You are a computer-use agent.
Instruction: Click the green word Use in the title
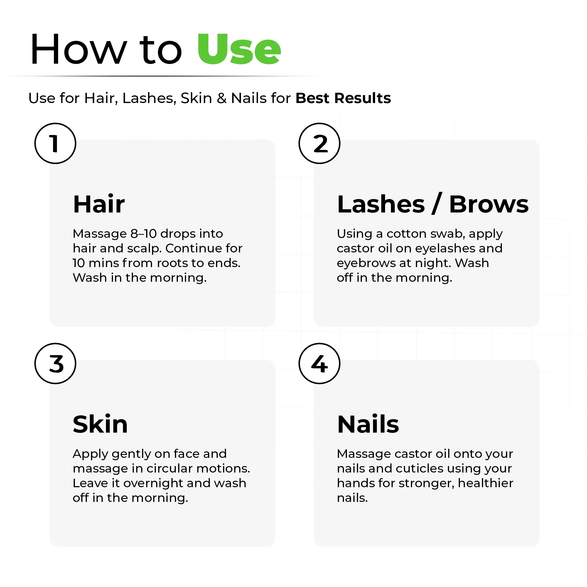click(x=239, y=49)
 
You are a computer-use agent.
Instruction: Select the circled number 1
click(x=55, y=144)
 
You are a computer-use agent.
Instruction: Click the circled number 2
click(x=319, y=144)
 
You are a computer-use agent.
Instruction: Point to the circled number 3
click(x=55, y=363)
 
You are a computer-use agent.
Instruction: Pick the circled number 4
click(x=319, y=363)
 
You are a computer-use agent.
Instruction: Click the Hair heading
click(x=99, y=204)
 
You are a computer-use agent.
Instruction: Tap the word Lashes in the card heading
click(x=381, y=204)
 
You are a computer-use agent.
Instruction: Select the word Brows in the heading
click(x=489, y=204)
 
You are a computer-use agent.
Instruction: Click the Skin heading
click(x=100, y=424)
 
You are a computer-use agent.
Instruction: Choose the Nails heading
click(x=368, y=424)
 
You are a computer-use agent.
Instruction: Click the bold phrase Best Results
click(x=343, y=98)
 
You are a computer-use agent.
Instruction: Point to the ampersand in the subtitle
click(x=222, y=98)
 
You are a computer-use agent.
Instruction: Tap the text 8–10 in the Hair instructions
click(x=144, y=234)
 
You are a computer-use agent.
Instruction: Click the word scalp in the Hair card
click(x=144, y=249)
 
